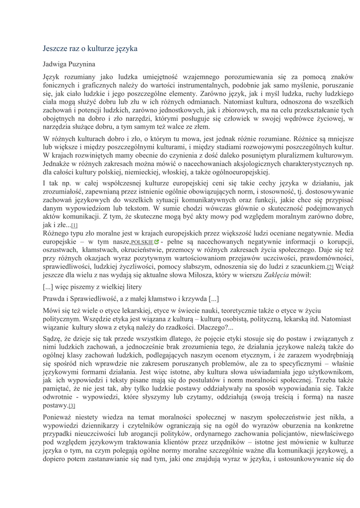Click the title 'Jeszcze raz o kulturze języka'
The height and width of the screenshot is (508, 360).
point(90,49)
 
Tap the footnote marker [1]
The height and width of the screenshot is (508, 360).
point(74,225)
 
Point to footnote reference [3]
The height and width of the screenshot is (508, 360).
point(72,406)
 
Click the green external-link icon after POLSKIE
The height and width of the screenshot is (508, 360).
point(157,242)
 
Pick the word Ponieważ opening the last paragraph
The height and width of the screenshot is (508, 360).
point(59,418)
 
